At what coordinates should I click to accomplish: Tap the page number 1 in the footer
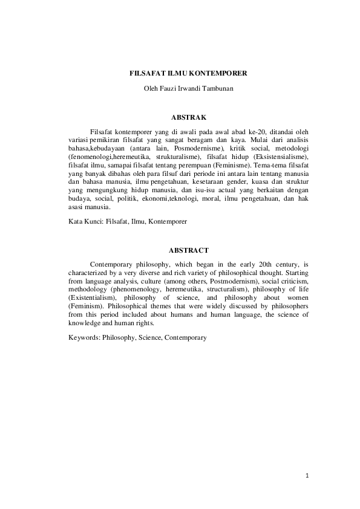click(307, 476)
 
